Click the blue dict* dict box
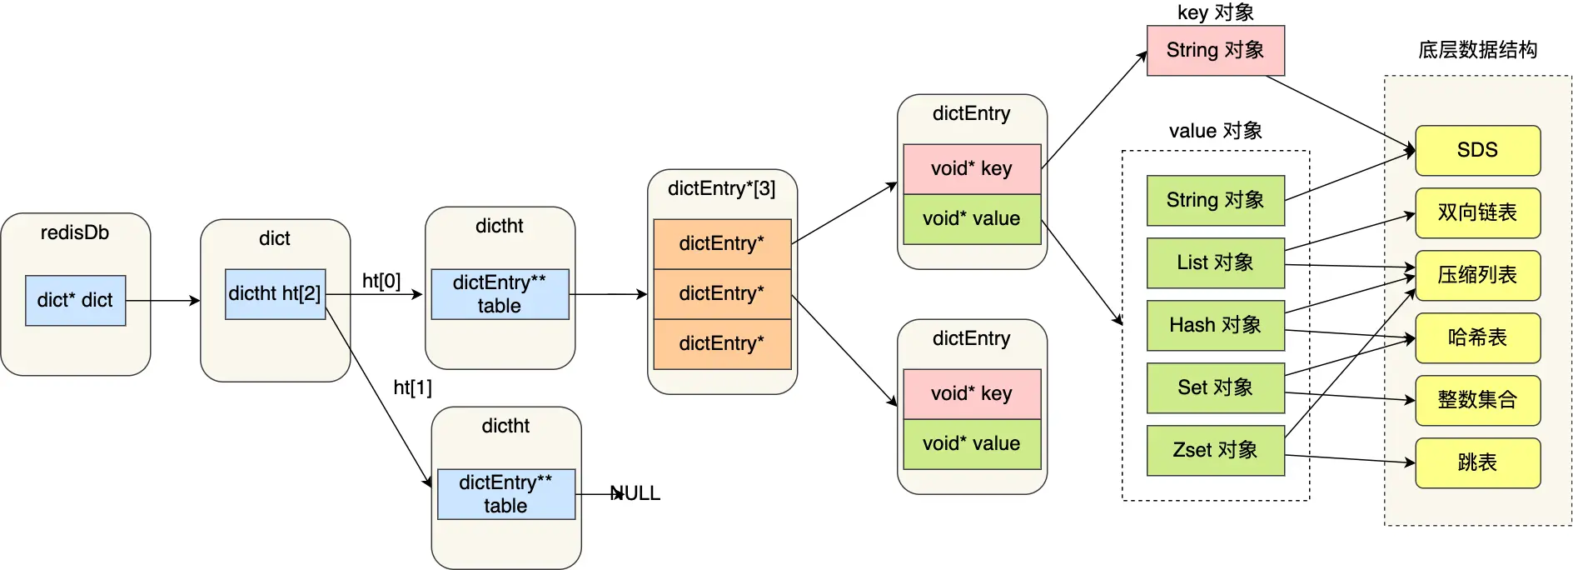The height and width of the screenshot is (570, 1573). point(75,300)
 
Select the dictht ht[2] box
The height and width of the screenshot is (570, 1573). point(275,293)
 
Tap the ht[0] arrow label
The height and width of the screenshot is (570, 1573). point(381,281)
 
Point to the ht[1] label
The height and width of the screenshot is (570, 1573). point(412,387)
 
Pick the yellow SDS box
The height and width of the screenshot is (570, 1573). point(1477,150)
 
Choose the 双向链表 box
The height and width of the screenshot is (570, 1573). point(1477,212)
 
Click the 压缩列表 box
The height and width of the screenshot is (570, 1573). point(1477,275)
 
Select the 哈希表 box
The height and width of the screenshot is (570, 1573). point(1477,337)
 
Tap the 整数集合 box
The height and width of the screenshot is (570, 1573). point(1477,400)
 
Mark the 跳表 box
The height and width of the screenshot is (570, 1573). point(1477,462)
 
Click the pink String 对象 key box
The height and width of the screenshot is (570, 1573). point(1215,50)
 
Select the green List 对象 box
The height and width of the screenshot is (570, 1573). point(1215,262)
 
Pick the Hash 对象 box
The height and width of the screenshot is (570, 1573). point(1215,325)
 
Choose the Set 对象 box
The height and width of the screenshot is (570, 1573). point(1215,387)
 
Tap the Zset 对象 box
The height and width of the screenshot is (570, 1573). point(1215,450)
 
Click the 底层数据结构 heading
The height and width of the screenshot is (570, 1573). point(1477,50)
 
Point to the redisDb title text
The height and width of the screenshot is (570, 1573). point(75,232)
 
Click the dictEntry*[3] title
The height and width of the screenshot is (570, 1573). point(721,188)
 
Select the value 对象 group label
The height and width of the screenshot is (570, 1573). point(1215,131)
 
